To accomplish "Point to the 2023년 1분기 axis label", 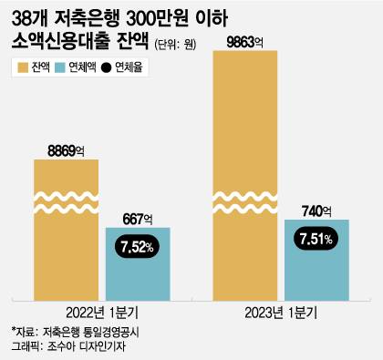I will pos(281,308).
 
